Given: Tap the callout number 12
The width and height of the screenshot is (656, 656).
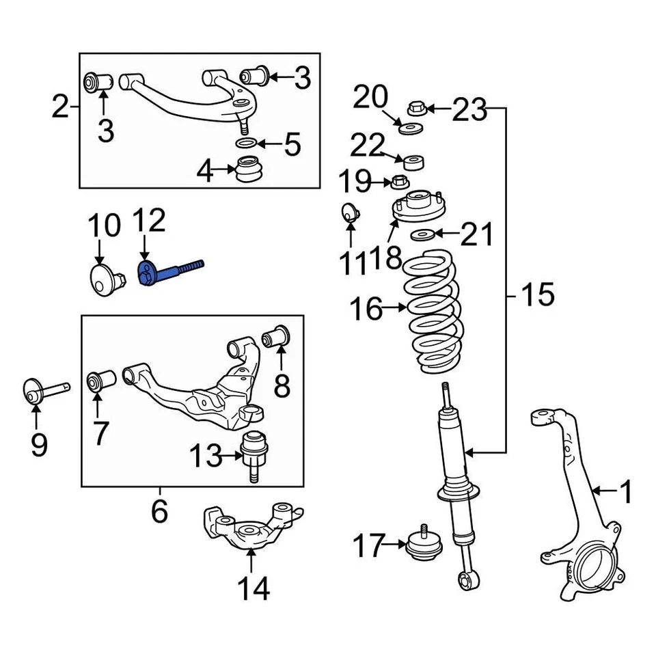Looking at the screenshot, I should click(148, 222).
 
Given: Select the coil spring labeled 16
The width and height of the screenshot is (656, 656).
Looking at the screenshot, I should click(431, 311).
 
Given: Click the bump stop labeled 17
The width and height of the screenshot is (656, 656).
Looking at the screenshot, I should click(424, 545).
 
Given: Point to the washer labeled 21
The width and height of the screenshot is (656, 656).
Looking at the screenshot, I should click(422, 236).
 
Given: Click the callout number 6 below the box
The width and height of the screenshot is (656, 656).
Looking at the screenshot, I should click(159, 509).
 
